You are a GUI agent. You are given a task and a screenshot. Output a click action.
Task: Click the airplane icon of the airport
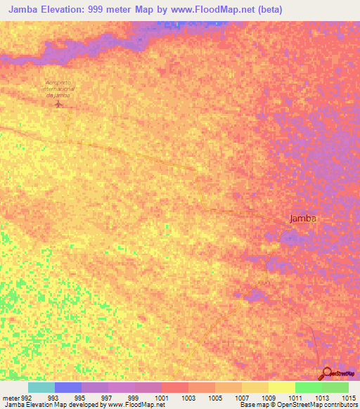click(58, 105)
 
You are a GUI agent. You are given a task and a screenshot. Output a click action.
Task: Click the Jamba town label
click(303, 218)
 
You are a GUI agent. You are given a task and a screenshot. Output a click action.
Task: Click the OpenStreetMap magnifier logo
click(326, 373)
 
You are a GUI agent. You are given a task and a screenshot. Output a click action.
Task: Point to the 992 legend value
click(22, 397)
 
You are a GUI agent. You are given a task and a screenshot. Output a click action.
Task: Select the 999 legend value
click(134, 397)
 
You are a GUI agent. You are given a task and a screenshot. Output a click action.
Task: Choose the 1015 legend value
click(349, 397)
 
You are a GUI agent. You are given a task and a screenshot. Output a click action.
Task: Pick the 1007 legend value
click(242, 397)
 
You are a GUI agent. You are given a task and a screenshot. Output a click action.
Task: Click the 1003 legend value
click(188, 397)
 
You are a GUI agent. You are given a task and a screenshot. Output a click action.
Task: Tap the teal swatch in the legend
click(41, 387)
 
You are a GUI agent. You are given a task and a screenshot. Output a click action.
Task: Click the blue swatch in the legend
click(68, 387)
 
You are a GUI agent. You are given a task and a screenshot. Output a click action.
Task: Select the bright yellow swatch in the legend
click(282, 387)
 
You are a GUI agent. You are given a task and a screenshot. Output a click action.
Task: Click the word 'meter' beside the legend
click(9, 397)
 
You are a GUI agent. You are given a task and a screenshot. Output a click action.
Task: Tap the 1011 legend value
click(295, 397)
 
